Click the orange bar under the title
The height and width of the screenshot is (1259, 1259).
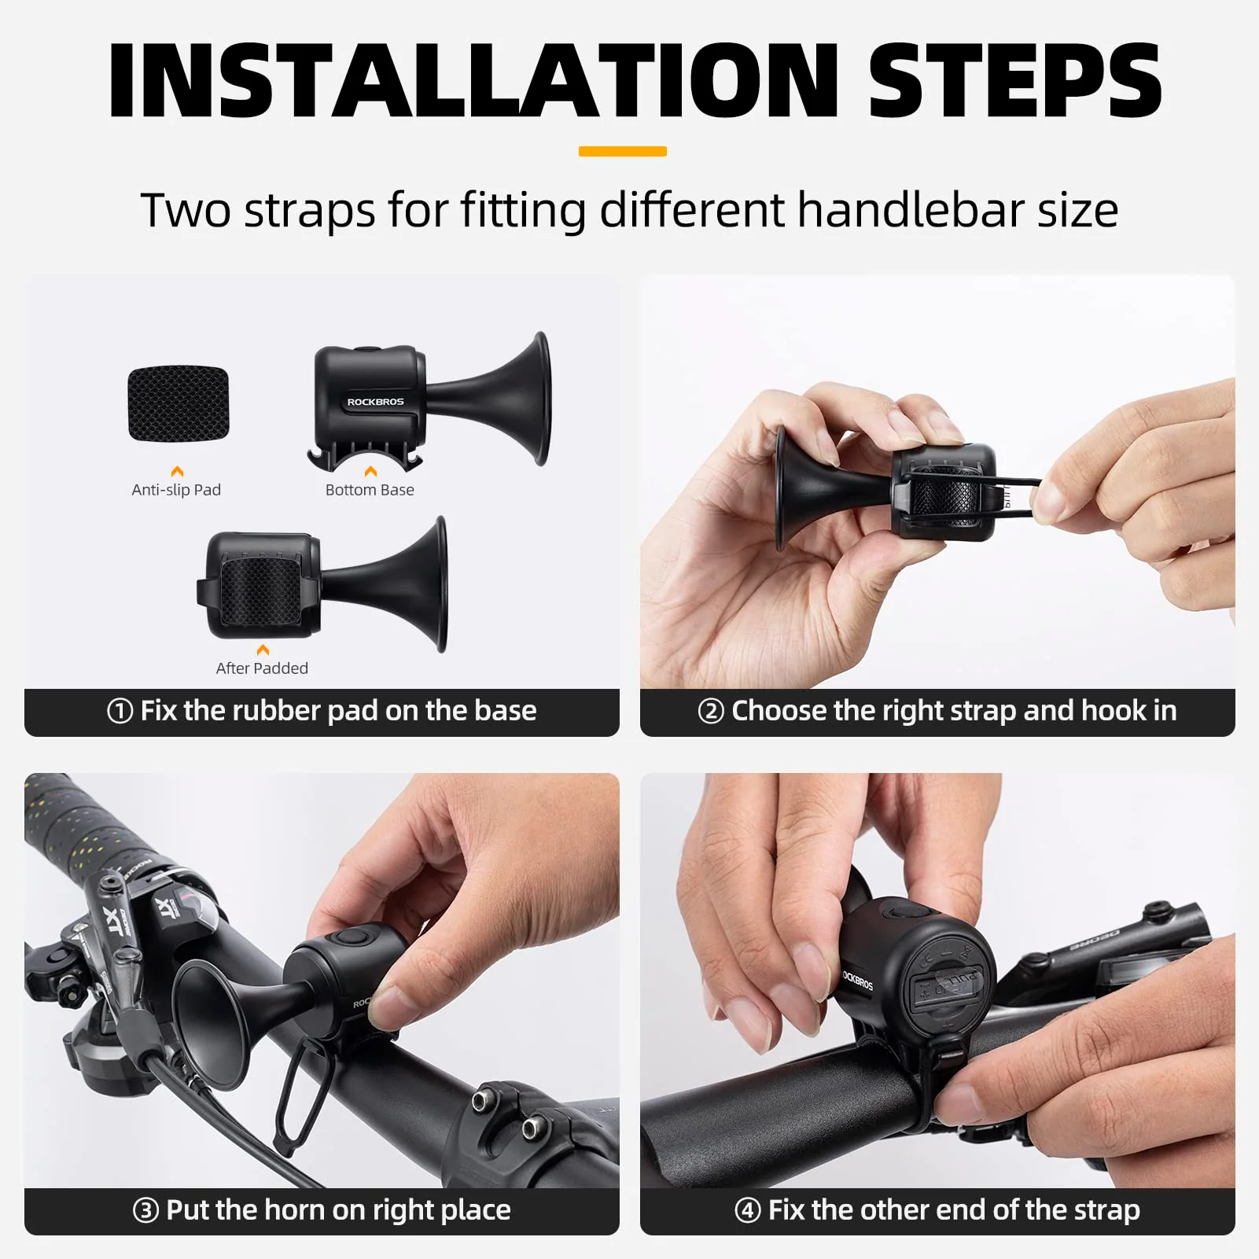coord(622,151)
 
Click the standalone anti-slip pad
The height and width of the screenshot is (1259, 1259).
coord(179,403)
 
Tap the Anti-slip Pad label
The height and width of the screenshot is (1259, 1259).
coord(176,490)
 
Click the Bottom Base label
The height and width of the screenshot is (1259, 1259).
coord(370,490)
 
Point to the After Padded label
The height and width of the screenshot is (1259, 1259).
coord(262,668)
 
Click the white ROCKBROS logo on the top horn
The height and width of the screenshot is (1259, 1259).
coord(375,402)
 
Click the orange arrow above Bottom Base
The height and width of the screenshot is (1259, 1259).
coord(370,471)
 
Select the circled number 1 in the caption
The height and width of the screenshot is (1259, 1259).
coord(120,712)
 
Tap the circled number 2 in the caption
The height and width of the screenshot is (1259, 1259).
coord(710,712)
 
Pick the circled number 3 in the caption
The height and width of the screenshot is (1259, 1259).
coord(145,1210)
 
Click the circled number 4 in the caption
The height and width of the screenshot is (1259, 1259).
coord(747,1210)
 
